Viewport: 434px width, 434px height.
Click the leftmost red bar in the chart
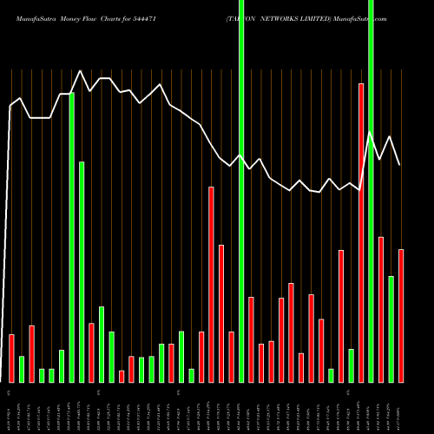pos(11,358)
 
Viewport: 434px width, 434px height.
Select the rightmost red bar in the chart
pos(401,315)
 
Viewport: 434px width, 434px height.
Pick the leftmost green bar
pos(22,369)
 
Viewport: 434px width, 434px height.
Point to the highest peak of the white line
pos(81,71)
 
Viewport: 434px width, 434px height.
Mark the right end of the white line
pos(400,165)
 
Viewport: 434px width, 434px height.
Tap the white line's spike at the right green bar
pos(371,132)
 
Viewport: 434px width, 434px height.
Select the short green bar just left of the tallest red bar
pos(352,365)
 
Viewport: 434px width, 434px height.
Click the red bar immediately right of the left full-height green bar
pos(251,339)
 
